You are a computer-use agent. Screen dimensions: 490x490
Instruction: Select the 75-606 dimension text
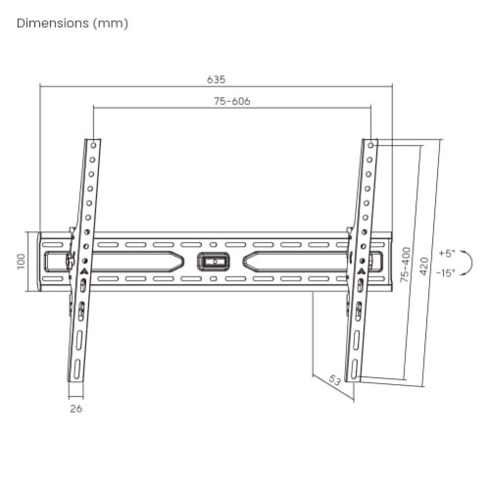point(232,101)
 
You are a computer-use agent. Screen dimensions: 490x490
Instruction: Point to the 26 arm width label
point(76,409)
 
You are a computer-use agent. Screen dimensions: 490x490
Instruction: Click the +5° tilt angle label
point(446,254)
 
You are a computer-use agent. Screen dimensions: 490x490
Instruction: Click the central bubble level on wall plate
point(213,261)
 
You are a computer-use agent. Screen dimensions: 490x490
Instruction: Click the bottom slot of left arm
point(77,367)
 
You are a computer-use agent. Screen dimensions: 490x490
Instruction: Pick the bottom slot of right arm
point(355,367)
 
